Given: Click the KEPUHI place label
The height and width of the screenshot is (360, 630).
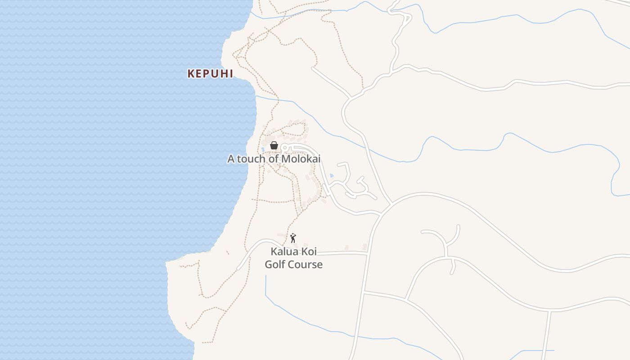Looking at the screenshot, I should pyautogui.click(x=210, y=74).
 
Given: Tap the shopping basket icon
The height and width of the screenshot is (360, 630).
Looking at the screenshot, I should pyautogui.click(x=274, y=145).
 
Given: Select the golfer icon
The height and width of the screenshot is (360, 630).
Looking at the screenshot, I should pyautogui.click(x=293, y=238).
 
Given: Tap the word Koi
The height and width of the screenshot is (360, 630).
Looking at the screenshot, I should pyautogui.click(x=308, y=252).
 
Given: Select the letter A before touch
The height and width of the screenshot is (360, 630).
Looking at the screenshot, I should pyautogui.click(x=231, y=159).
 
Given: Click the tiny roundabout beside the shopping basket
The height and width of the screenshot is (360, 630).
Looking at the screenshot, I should pyautogui.click(x=284, y=147).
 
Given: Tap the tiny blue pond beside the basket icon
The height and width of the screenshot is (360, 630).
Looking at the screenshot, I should pyautogui.click(x=263, y=149).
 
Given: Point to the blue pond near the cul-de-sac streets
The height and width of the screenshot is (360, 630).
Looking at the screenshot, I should pyautogui.click(x=332, y=175).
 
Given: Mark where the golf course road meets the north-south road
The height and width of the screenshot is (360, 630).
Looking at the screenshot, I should pyautogui.click(x=368, y=254).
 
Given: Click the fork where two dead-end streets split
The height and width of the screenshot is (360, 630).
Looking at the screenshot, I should pyautogui.click(x=446, y=247).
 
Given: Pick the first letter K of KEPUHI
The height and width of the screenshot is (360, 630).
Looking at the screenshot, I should pyautogui.click(x=191, y=74).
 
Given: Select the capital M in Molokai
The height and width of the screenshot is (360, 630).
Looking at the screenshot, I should pyautogui.click(x=286, y=159).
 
